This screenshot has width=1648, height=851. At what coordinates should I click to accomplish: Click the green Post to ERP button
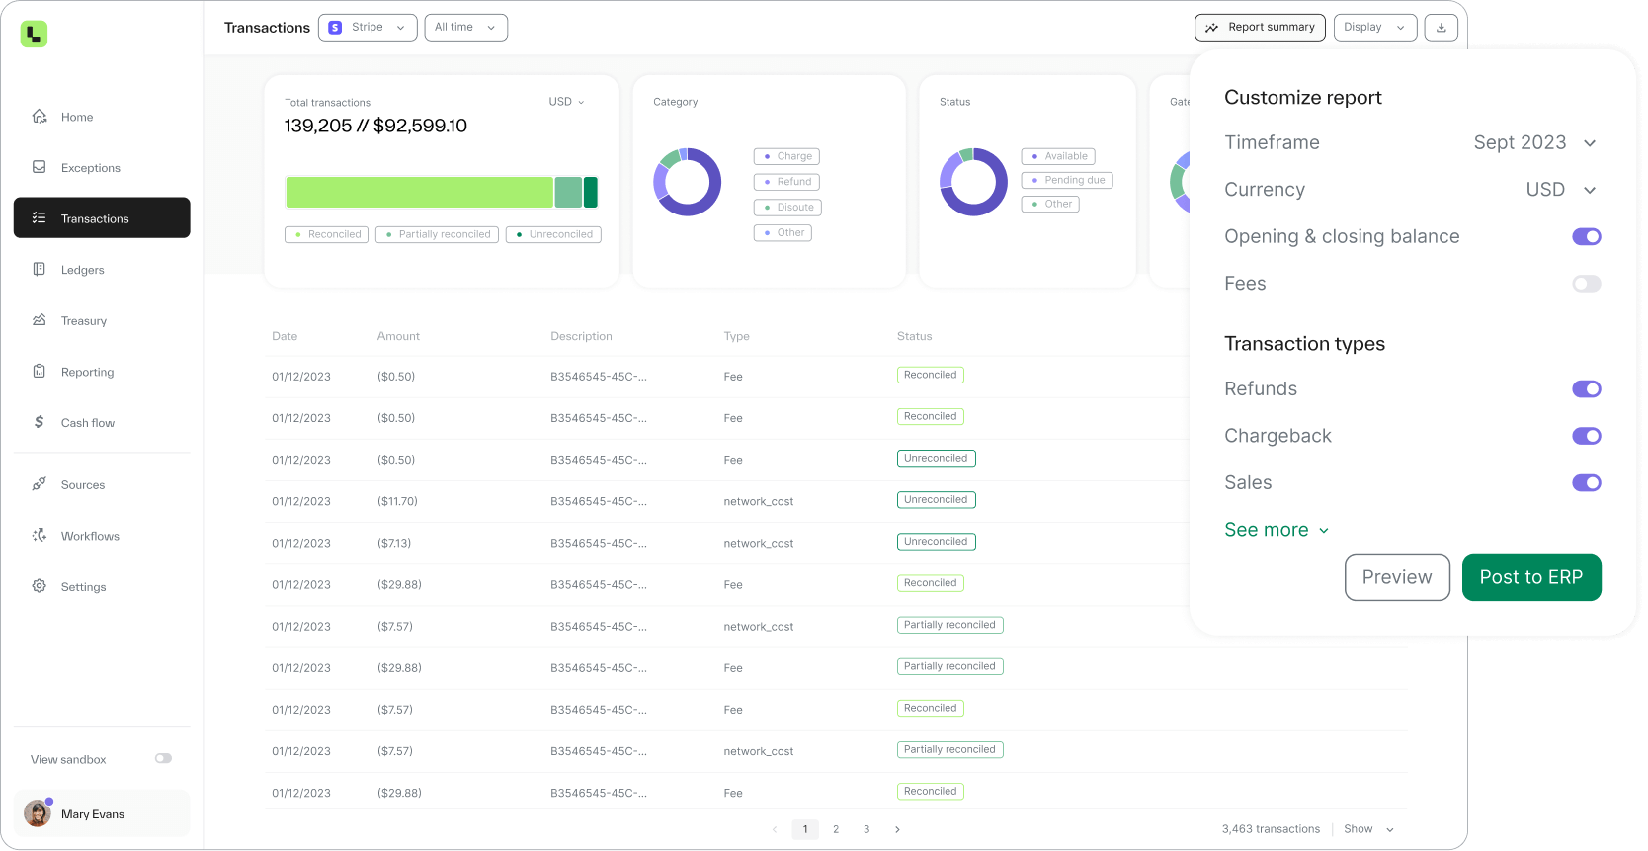pos(1530,577)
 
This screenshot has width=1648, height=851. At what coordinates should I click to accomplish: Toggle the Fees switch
pos(1586,284)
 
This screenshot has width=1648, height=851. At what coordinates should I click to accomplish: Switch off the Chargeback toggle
pos(1586,436)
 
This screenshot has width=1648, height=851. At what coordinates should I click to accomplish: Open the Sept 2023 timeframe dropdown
pos(1534,142)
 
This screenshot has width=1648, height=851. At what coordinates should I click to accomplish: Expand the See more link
pos(1276,530)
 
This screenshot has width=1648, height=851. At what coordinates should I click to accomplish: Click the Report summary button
pos(1260,27)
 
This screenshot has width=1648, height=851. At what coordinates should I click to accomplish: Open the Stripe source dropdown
pos(367,27)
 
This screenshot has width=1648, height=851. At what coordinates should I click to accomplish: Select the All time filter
pos(465,27)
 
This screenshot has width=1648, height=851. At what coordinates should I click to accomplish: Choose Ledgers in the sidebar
pos(82,270)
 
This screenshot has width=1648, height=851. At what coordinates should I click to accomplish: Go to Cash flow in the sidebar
pos(87,423)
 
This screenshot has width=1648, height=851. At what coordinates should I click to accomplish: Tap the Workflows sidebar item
pos(90,536)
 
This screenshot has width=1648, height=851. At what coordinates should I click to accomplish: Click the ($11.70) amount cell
pos(397,501)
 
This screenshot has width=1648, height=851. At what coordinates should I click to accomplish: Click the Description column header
pos(581,336)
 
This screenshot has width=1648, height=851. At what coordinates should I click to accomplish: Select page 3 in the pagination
pos(866,829)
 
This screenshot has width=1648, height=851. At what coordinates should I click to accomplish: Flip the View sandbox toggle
pos(163,758)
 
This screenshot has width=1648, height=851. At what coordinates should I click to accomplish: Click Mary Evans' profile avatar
pos(38,813)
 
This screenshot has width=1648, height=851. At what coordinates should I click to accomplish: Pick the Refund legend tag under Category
pos(786,182)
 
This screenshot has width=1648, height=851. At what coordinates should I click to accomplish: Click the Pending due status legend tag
pos(1067,180)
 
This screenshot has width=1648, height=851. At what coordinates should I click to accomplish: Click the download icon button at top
pos(1441,27)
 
